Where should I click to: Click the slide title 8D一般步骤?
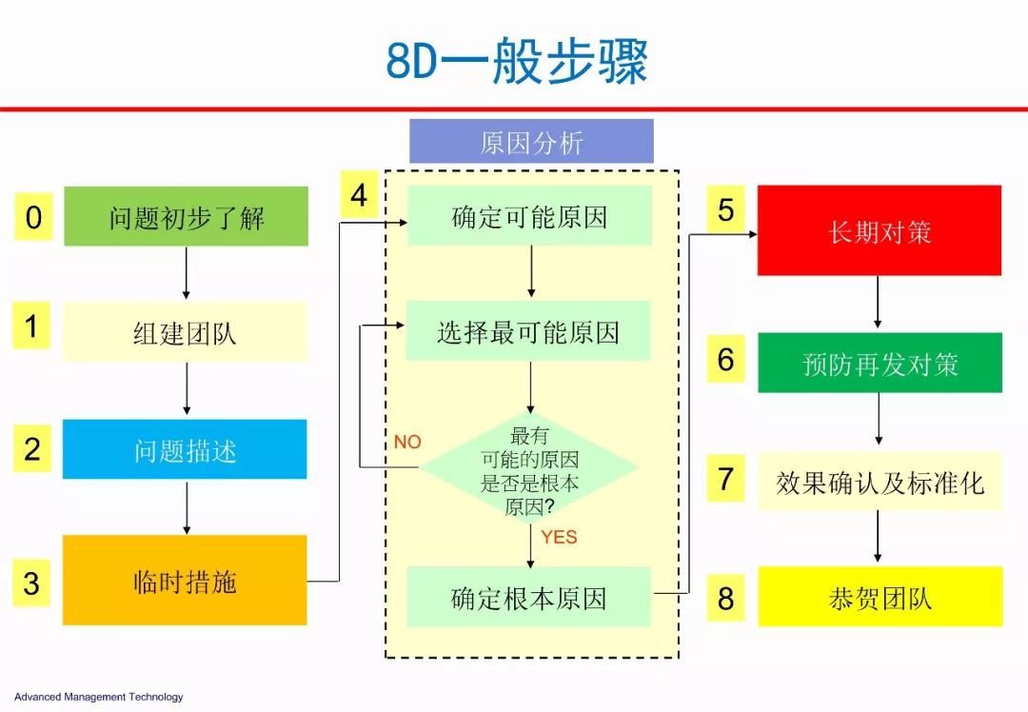click(517, 61)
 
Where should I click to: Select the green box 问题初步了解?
click(187, 216)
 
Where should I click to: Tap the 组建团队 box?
click(185, 332)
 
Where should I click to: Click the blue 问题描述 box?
click(185, 449)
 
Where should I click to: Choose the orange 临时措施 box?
click(185, 581)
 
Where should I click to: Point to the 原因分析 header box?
click(532, 141)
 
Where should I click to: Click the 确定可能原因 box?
click(530, 216)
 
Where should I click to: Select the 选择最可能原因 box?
click(528, 331)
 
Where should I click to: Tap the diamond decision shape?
click(529, 467)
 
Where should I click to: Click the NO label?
click(407, 442)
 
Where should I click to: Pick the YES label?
click(560, 537)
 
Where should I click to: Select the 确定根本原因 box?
click(529, 597)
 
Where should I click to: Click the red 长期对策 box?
click(880, 230)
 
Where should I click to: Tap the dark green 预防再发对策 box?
click(880, 363)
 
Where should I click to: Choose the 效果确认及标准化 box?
click(880, 482)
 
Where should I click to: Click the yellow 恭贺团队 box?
click(880, 597)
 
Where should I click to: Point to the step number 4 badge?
click(359, 194)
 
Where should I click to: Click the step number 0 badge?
click(33, 216)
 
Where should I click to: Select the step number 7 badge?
click(725, 478)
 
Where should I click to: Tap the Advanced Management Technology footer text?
click(98, 697)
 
